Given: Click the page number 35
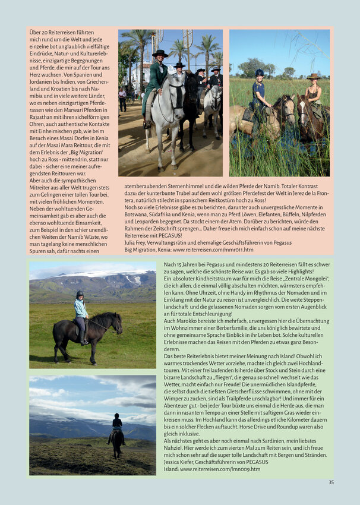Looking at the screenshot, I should click(x=331, y=482).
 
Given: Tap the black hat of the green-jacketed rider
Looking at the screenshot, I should click(x=159, y=53).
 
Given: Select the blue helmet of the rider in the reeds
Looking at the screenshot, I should click(x=259, y=72).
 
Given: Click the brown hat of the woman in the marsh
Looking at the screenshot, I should click(x=313, y=77).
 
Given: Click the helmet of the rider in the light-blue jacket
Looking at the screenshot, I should click(x=80, y=293).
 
